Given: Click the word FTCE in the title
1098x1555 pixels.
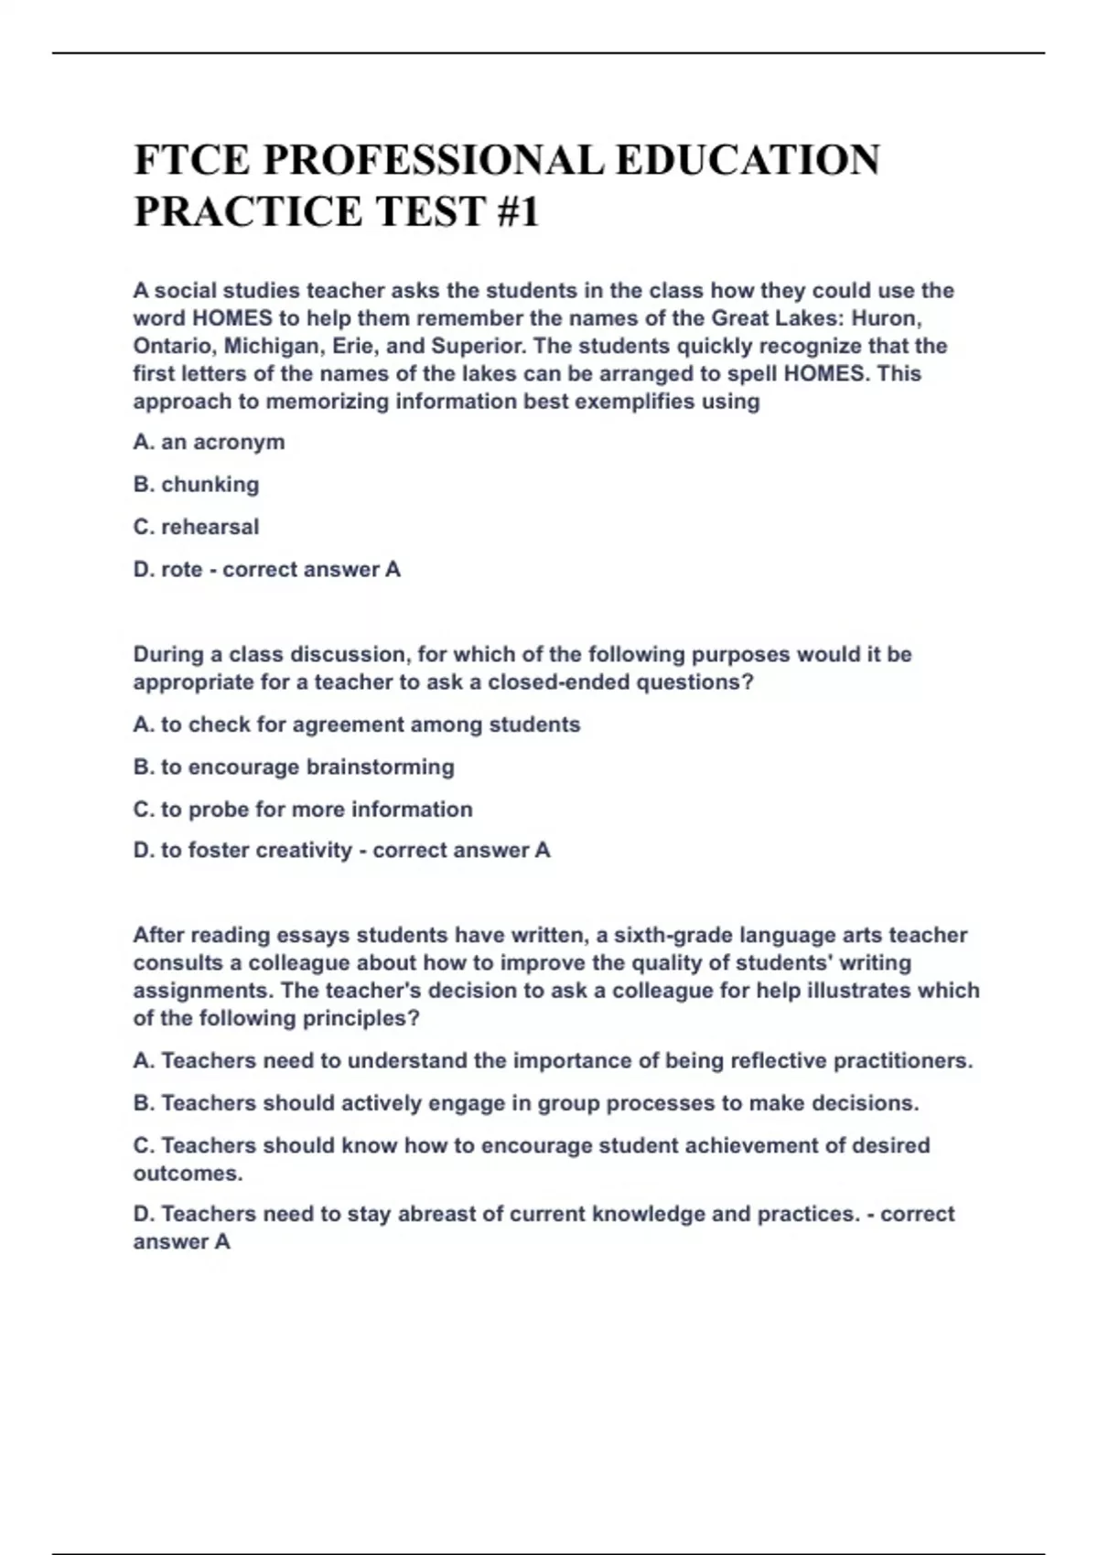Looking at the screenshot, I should click(191, 160).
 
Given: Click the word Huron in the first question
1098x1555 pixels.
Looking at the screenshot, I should click(885, 318).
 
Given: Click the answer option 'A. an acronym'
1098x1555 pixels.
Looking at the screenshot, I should click(209, 442).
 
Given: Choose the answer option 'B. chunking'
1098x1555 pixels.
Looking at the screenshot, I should click(196, 484).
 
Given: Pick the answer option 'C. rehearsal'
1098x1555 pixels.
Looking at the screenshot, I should click(196, 527).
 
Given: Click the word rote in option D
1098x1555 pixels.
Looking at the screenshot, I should click(181, 569).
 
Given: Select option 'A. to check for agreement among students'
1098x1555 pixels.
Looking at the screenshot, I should click(356, 724).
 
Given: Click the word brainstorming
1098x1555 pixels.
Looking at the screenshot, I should click(380, 767).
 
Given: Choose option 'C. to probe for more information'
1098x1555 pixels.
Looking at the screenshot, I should click(303, 810).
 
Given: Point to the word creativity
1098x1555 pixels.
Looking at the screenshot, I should click(304, 851).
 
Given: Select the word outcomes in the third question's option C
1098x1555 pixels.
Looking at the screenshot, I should click(188, 1173).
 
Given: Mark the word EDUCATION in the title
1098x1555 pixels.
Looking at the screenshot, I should click(748, 160).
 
